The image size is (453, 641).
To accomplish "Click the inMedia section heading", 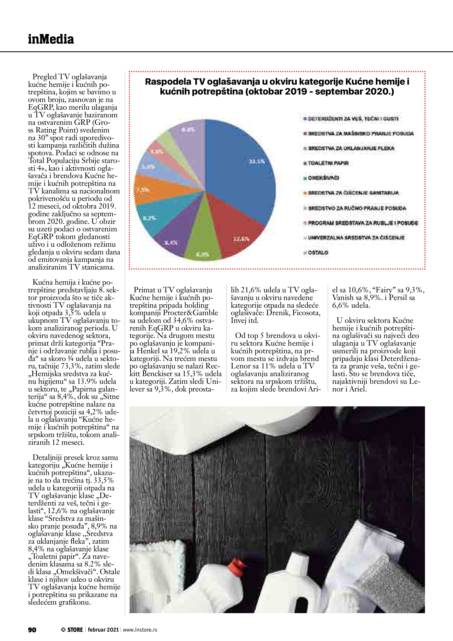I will (51, 39).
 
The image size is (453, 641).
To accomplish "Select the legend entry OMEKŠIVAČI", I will (323, 178).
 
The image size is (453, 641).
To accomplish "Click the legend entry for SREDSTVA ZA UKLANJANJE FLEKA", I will (351, 148).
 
